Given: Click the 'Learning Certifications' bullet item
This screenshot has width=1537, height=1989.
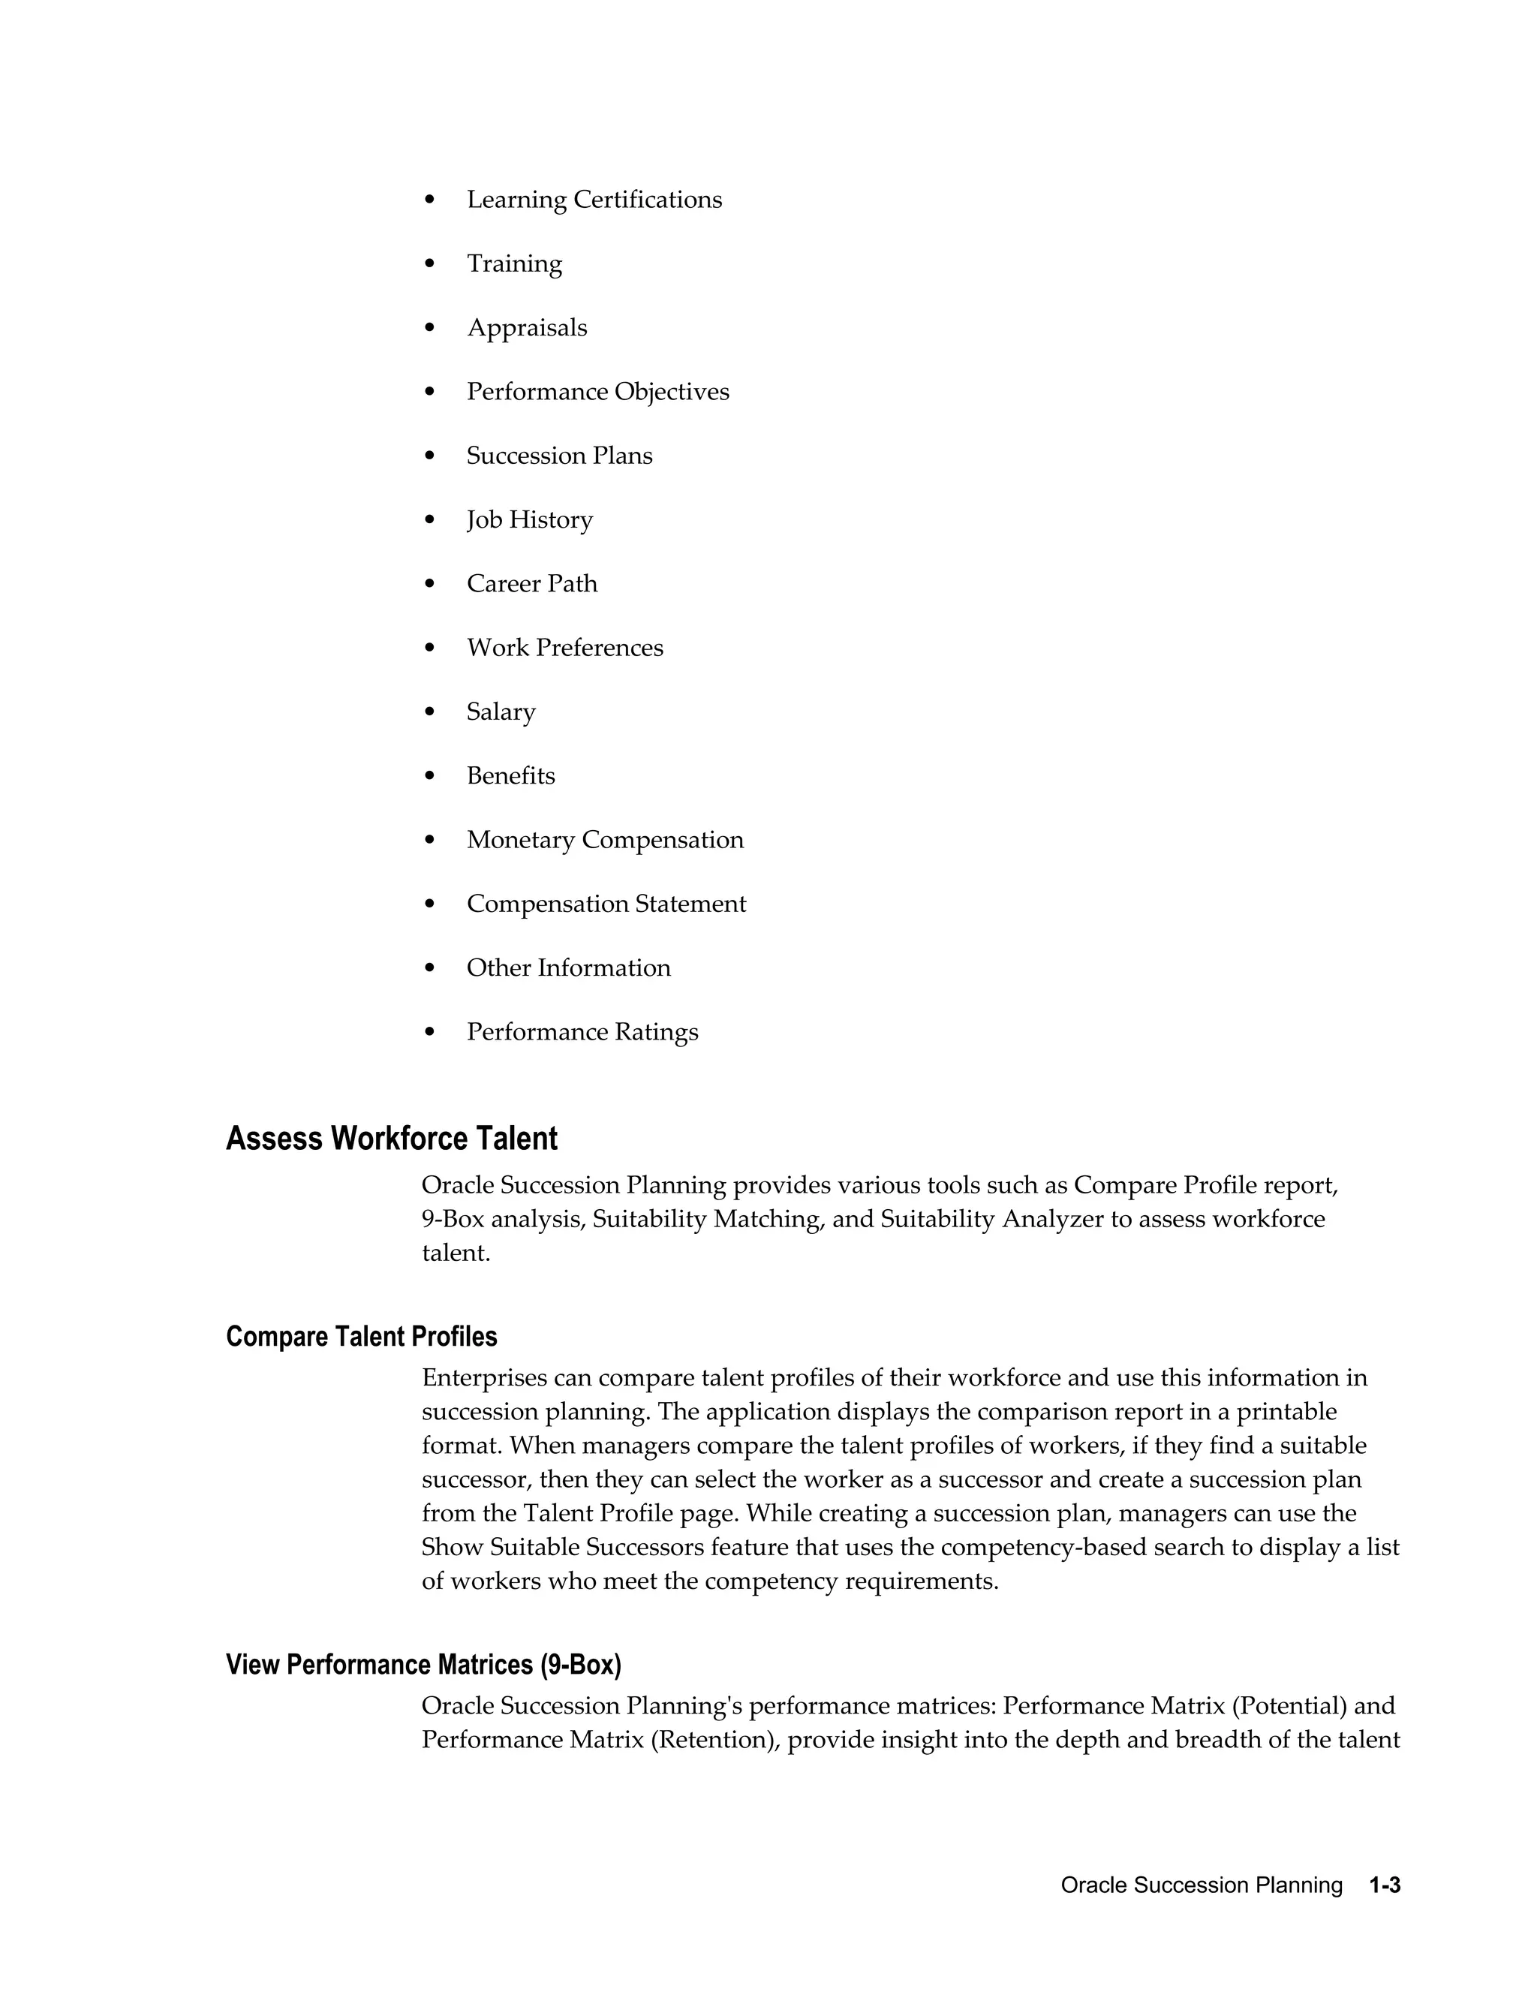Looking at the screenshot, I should [594, 200].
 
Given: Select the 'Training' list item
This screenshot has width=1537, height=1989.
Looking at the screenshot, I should [513, 263].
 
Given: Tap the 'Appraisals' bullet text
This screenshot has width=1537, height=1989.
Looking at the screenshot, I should [526, 328].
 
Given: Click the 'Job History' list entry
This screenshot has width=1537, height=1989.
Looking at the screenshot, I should [529, 520].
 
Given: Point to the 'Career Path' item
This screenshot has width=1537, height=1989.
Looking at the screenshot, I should [532, 584].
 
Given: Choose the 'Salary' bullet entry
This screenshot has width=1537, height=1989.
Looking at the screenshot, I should [501, 712].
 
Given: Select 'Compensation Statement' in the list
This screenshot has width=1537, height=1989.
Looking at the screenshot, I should [606, 904].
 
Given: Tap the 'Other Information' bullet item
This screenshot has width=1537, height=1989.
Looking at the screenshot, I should [568, 967].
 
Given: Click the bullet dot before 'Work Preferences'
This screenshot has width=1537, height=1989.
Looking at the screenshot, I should [431, 648].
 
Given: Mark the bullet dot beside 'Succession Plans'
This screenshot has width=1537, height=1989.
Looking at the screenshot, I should [431, 456].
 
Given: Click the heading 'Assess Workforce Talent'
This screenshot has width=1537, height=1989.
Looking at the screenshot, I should [392, 1139].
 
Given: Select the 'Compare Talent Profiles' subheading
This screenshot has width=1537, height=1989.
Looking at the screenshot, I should [362, 1337].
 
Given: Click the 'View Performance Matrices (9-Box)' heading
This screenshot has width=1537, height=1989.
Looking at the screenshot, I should [423, 1665].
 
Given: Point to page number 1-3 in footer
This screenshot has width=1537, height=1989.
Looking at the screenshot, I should [1384, 1885].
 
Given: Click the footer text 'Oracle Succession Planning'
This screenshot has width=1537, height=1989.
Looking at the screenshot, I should [1201, 1885].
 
